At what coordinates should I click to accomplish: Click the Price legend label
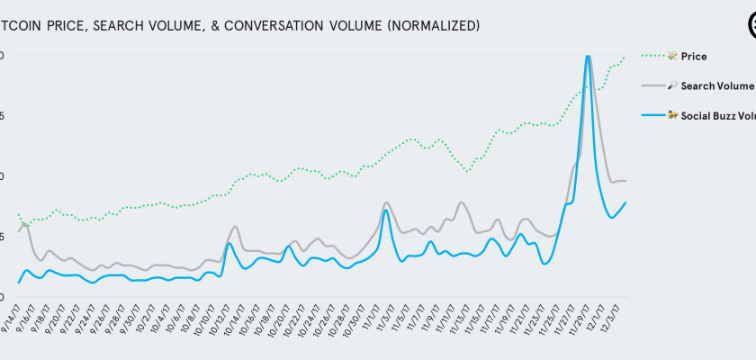[693, 57]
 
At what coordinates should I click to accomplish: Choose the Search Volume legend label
[716, 85]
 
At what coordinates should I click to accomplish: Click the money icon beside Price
[672, 57]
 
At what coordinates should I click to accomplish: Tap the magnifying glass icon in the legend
[672, 85]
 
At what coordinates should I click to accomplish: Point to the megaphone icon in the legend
[672, 115]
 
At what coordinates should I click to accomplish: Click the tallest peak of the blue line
[587, 56]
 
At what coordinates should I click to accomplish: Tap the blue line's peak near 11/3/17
[385, 210]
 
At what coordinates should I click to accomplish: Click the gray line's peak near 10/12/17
[235, 226]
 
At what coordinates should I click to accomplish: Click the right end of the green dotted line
[625, 57]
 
